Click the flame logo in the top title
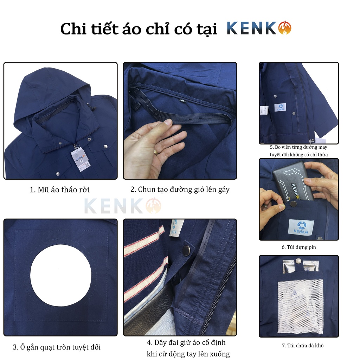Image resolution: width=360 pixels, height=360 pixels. [x=284, y=28]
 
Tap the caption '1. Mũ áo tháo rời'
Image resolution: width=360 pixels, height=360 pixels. [x=60, y=190]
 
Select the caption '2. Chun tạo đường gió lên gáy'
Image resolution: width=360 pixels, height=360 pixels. [x=180, y=189]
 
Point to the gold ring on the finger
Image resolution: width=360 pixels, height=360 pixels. [x=156, y=152]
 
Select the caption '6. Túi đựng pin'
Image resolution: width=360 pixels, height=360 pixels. [x=299, y=247]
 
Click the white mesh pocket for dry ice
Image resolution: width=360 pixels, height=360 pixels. [x=300, y=306]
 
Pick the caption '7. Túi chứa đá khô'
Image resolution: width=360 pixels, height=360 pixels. [x=303, y=346]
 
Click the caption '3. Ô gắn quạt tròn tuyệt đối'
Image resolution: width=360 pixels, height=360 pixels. [x=57, y=347]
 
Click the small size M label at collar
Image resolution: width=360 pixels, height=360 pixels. [x=183, y=100]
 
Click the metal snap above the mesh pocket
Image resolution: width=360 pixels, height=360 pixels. [x=298, y=261]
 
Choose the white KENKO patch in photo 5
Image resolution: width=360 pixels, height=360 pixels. [x=280, y=107]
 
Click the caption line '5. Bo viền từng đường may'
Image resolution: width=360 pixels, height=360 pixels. [x=298, y=147]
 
